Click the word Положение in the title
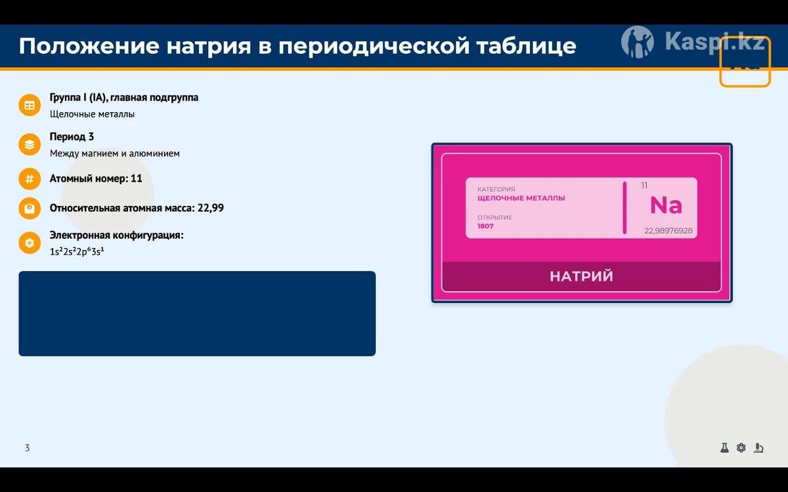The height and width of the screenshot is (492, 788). tap(89, 46)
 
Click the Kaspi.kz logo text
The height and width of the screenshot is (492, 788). tap(714, 41)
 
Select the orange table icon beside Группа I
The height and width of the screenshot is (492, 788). tap(30, 105)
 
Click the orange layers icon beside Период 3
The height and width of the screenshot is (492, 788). tap(30, 144)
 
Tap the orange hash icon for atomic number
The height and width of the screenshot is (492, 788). tap(30, 179)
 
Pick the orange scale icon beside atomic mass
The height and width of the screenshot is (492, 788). tap(30, 209)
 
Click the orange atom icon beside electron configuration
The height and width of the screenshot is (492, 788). tap(30, 243)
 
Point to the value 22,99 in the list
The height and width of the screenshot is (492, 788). tap(210, 208)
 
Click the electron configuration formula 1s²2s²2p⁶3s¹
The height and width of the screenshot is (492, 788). tap(77, 252)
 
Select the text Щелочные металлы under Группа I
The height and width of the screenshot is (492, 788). tap(92, 114)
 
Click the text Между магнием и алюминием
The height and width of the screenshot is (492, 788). tap(115, 154)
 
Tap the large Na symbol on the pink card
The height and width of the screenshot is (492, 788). tap(666, 205)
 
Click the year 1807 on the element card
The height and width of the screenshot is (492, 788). tap(485, 226)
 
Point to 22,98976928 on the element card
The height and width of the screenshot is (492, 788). tap(668, 231)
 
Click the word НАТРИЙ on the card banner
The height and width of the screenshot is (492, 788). tap(582, 276)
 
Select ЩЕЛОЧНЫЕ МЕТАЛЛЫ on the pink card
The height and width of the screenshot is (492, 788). tap(521, 198)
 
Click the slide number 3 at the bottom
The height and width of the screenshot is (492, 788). tap(28, 447)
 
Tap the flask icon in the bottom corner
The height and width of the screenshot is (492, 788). tap(724, 447)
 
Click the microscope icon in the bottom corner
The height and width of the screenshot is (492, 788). tap(758, 447)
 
